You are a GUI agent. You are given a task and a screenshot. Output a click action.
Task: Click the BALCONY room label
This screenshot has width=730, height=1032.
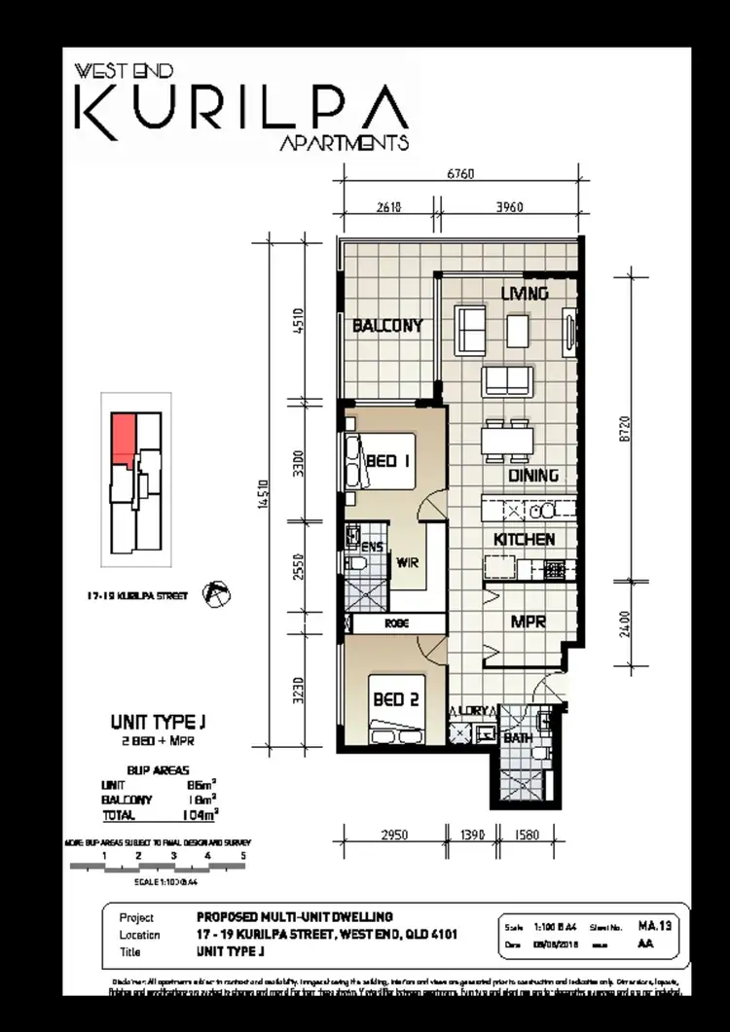pos(387,326)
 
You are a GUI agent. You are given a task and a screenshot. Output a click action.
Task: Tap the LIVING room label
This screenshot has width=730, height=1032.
pos(525,293)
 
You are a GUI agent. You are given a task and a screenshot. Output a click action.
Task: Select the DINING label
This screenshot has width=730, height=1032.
pos(533,476)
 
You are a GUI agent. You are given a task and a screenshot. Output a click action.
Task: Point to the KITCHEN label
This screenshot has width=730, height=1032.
pos(525,539)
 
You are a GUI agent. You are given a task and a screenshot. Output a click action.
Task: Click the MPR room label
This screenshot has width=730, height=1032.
pos(528,622)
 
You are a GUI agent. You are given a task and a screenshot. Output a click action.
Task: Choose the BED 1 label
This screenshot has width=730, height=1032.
pos(387,462)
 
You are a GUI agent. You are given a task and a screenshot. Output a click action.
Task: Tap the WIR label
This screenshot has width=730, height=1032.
pos(407,560)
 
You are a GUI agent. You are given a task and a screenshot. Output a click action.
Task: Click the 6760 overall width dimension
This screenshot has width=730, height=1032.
pos(460,174)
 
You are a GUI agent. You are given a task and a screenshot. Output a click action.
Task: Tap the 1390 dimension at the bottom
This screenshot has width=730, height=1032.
pos(469,835)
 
